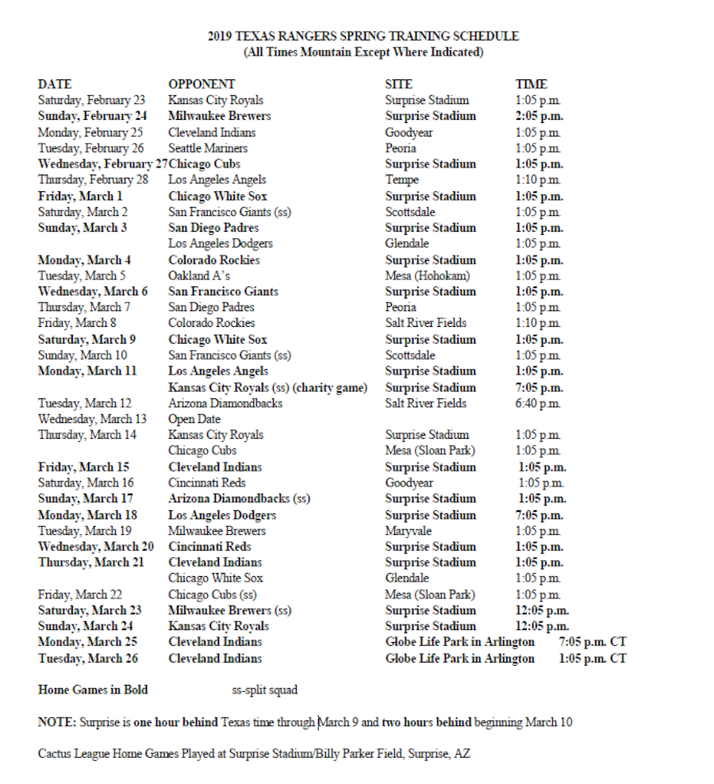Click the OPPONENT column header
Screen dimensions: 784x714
tap(202, 84)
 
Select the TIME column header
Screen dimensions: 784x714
tap(531, 84)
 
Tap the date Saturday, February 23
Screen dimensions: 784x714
tap(91, 100)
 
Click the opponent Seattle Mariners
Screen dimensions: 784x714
tap(208, 148)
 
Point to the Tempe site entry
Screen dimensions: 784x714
tap(401, 180)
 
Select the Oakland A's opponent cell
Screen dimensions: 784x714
tap(199, 275)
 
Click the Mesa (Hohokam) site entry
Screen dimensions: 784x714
tap(428, 275)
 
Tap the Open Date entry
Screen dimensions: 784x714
tap(194, 419)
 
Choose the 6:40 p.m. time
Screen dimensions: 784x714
tap(537, 403)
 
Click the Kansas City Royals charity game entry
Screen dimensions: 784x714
tap(267, 387)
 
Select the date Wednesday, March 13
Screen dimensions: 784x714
tap(92, 419)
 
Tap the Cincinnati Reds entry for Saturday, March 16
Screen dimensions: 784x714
tap(206, 482)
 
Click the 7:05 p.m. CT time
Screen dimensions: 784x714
tap(593, 642)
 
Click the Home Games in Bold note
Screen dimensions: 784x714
tap(93, 690)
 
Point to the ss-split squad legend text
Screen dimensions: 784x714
tap(264, 690)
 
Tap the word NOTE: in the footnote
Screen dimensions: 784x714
tap(56, 722)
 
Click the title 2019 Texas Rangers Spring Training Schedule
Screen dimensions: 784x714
tap(363, 37)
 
